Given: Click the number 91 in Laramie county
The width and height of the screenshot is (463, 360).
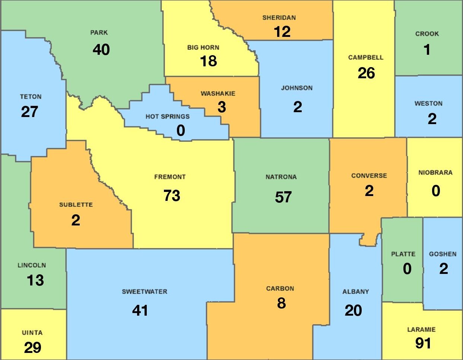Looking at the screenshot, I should (423, 343).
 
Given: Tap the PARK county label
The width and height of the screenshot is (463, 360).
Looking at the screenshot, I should (99, 33).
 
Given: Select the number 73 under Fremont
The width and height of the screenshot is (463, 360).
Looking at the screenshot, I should (172, 196).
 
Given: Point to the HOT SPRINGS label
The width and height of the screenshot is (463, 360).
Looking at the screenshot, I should (167, 117).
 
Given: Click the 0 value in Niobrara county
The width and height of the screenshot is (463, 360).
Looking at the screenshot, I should (436, 191).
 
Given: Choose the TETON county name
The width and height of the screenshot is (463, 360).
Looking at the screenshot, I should (31, 97).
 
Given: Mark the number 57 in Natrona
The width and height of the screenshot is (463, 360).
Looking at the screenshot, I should (283, 197).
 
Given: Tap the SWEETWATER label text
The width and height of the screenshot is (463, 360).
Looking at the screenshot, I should (145, 292).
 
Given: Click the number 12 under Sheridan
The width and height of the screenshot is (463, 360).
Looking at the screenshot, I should (282, 32).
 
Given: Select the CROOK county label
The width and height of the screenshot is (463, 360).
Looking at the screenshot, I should (427, 34).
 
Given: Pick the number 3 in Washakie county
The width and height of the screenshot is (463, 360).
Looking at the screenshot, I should (222, 107).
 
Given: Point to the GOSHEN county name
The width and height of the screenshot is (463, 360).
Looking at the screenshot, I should (443, 254).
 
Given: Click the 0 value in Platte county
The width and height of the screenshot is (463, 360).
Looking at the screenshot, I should (407, 269).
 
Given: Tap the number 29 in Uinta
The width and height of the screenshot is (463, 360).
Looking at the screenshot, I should (32, 348).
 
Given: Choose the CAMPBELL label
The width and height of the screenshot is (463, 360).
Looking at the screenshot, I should (365, 58).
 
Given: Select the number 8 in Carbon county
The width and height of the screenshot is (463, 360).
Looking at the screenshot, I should (281, 303).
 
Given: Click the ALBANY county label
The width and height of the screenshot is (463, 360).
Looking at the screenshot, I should (356, 292).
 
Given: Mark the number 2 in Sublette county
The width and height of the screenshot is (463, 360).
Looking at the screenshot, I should (76, 220).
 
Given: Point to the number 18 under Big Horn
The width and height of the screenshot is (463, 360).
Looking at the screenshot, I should (208, 61).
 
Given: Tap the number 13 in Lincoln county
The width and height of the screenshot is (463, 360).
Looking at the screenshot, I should (35, 280).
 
